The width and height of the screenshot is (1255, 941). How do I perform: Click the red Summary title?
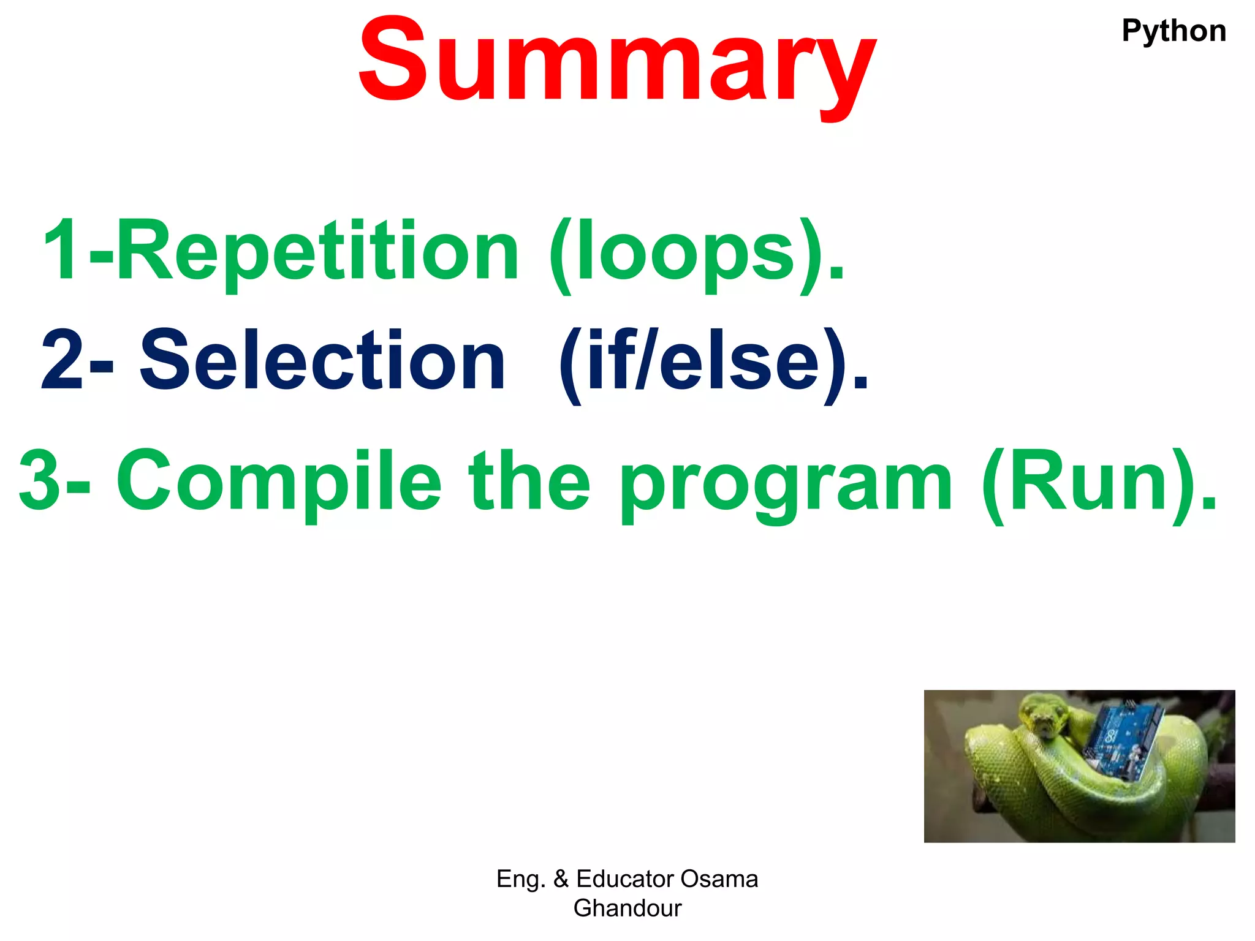(x=618, y=61)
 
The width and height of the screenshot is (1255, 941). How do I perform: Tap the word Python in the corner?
(x=1173, y=31)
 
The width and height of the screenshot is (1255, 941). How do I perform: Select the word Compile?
(x=279, y=481)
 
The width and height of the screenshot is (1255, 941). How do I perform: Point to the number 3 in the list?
(x=40, y=481)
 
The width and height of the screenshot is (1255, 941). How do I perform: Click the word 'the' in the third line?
(x=529, y=481)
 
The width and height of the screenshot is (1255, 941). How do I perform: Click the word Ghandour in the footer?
(x=627, y=909)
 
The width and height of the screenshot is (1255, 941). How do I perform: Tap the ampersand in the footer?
(x=561, y=879)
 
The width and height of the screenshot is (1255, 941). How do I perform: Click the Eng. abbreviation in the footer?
(x=520, y=879)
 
